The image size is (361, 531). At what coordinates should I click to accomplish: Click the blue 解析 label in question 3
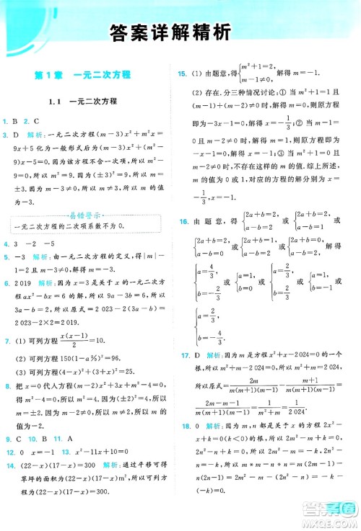pyautogui.click(x=36, y=135)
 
